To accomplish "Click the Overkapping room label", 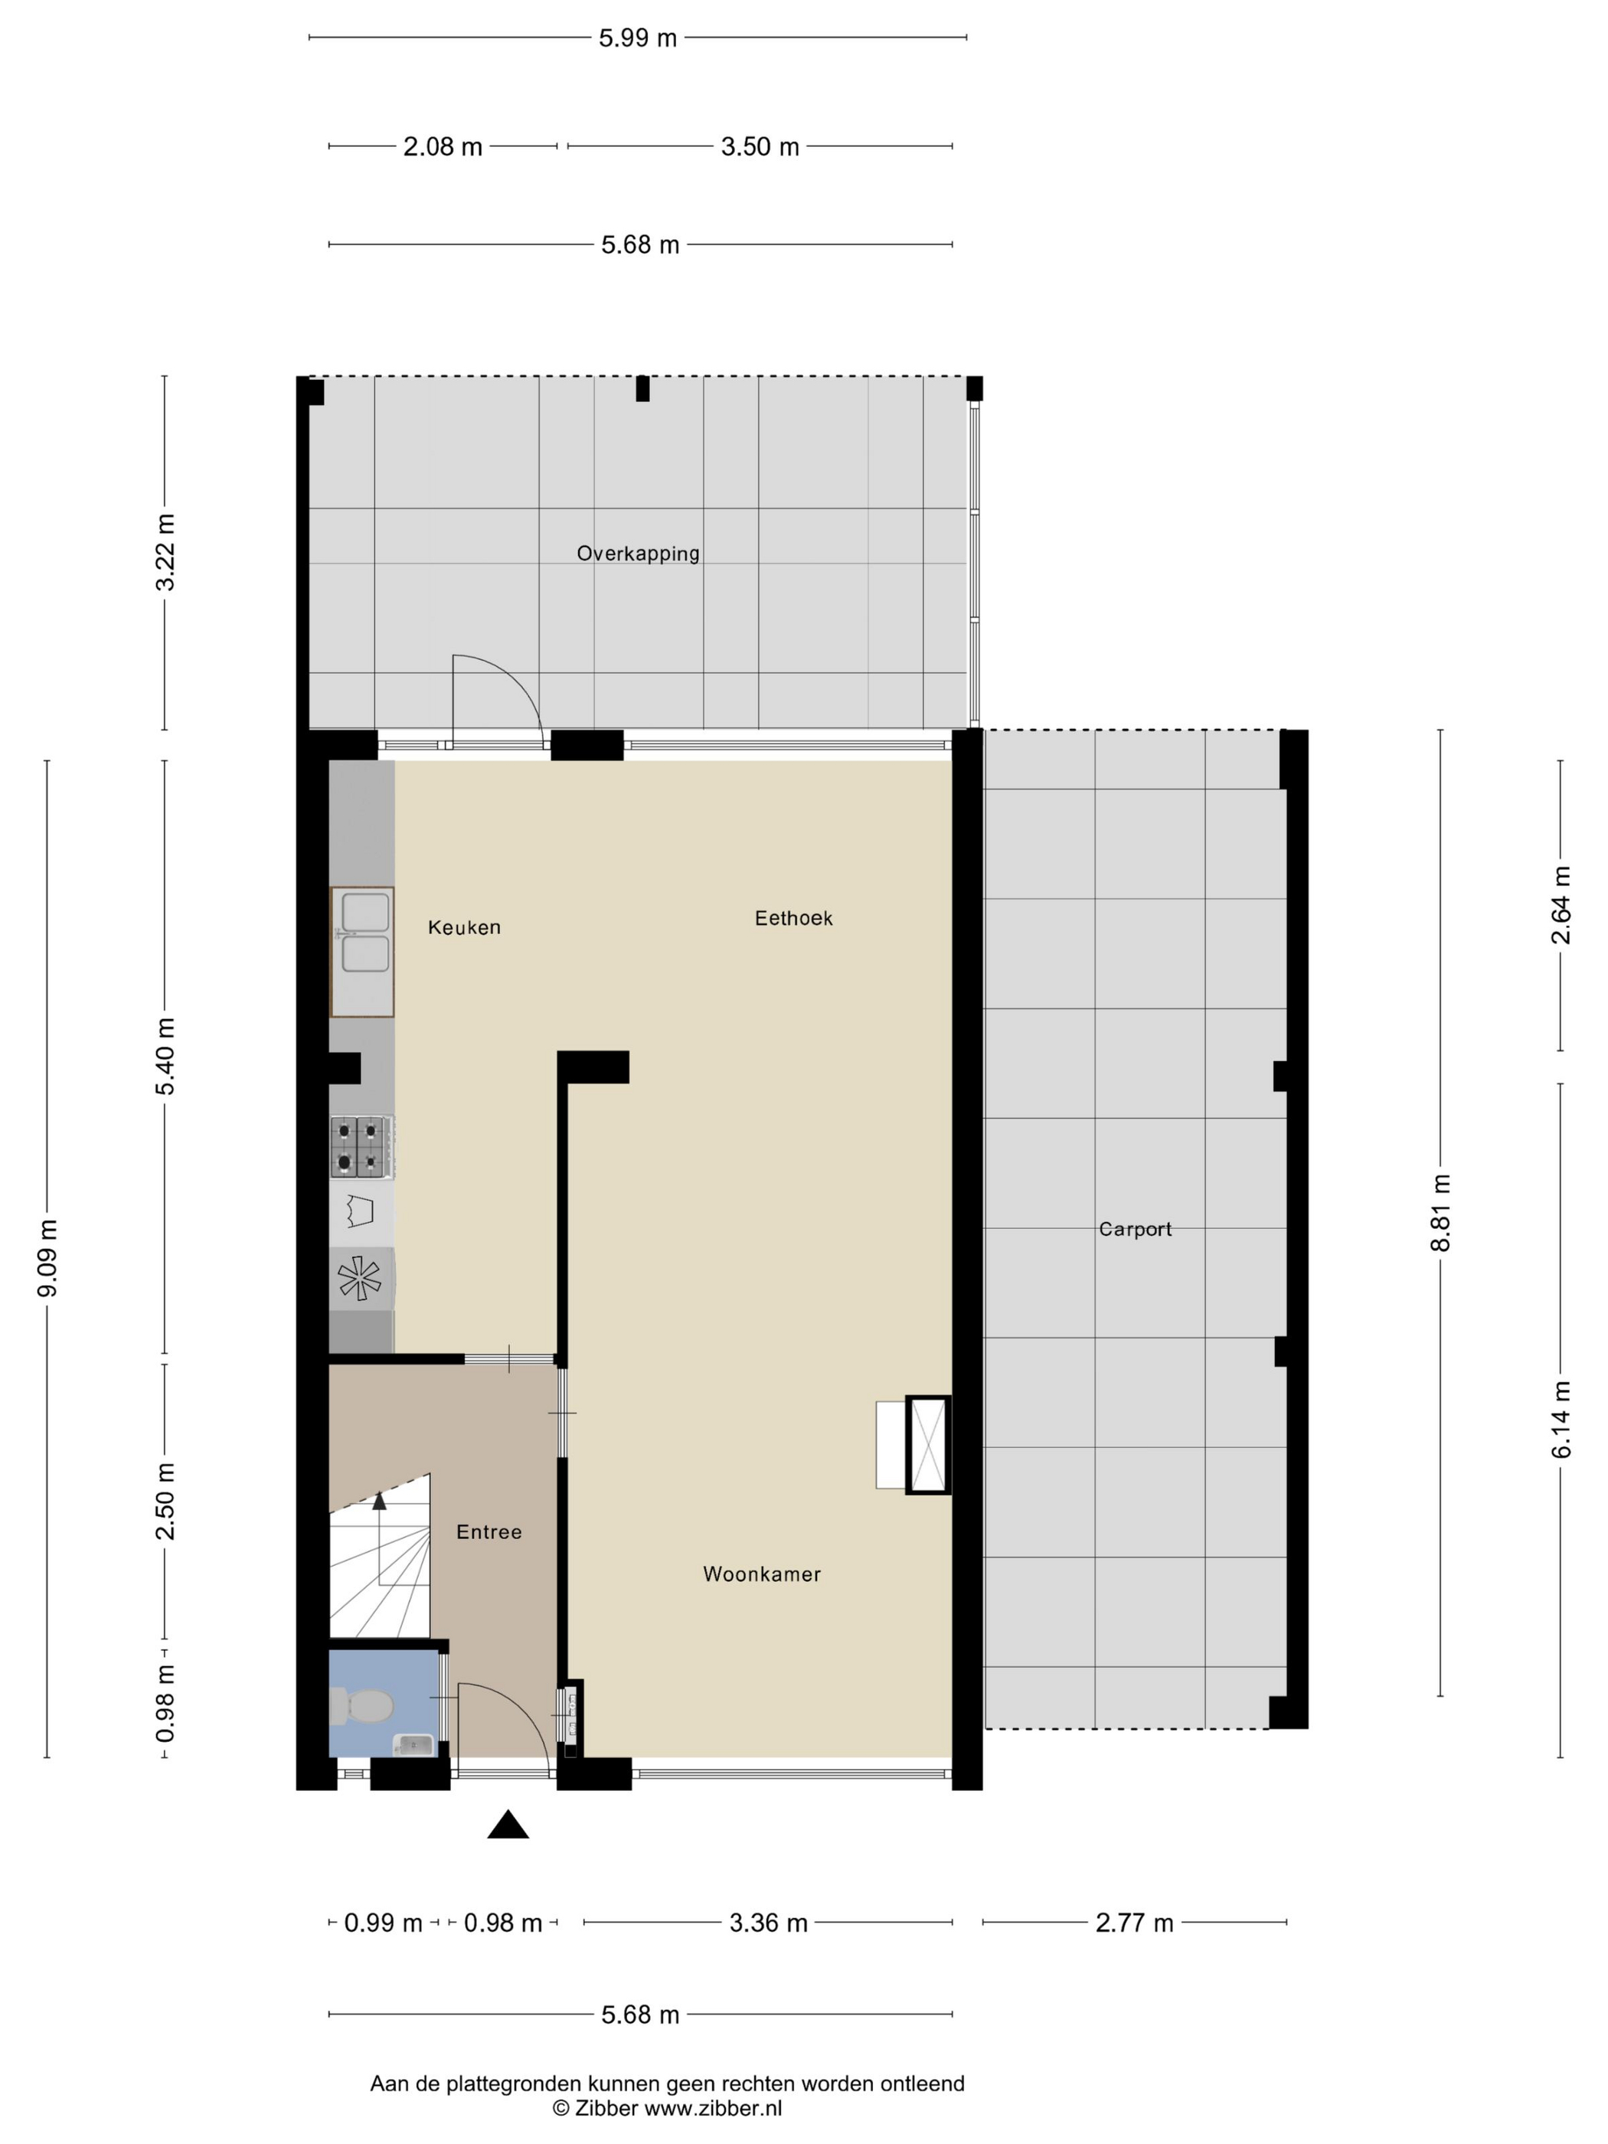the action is [638, 554].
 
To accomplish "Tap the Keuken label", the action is [464, 927].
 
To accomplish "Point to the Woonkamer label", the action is [762, 1574].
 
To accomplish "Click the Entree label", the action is [489, 1531].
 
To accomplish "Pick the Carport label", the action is [1135, 1229].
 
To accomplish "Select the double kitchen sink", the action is [362, 952].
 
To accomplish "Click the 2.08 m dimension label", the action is [443, 146].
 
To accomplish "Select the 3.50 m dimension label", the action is [760, 146].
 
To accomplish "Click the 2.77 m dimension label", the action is [1134, 1923].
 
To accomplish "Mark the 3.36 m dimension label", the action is [769, 1923].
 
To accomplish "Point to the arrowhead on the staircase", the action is [379, 1500].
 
